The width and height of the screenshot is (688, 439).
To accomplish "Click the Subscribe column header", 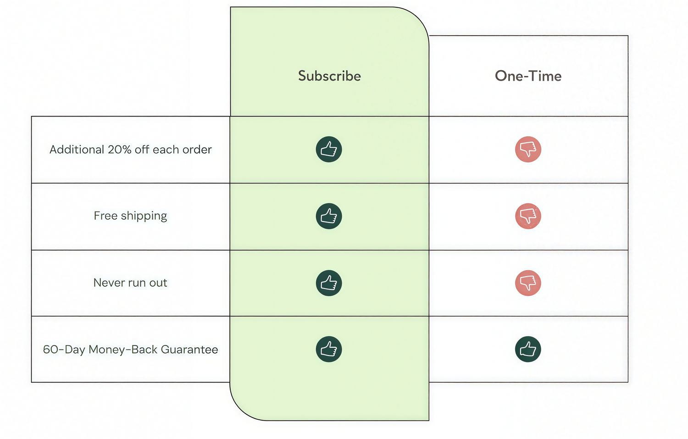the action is pos(329,76).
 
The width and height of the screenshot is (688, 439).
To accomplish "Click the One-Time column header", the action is pos(528,76).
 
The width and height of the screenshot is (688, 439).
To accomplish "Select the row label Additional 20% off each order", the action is pos(131,150).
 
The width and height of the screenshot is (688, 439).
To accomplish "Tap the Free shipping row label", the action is pos(131,216).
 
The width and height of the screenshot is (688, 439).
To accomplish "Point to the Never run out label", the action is pos(130,283).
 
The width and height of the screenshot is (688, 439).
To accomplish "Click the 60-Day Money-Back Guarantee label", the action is pos(131,350).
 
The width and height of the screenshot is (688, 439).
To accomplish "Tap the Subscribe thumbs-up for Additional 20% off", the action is pos(329,149).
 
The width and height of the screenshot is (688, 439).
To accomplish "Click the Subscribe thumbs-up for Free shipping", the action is pos(329,216).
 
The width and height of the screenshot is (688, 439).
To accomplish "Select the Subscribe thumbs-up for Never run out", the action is pos(329,283).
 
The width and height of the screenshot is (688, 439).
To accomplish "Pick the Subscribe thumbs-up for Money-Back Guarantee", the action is pos(329,349).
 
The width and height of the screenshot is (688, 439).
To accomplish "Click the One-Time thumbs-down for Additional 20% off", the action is pos(528,149).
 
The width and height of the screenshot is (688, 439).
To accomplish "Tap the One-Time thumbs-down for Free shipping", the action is pos(528,216).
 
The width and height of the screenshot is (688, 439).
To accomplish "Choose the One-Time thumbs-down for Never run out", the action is pos(528,283).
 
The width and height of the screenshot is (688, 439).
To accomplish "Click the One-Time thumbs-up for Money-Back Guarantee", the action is pos(528,349).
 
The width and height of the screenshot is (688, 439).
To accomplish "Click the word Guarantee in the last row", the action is pos(189,350).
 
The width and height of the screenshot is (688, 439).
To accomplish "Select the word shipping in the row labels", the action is pos(144,216).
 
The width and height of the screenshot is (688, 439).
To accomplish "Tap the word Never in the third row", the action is pos(106,283).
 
